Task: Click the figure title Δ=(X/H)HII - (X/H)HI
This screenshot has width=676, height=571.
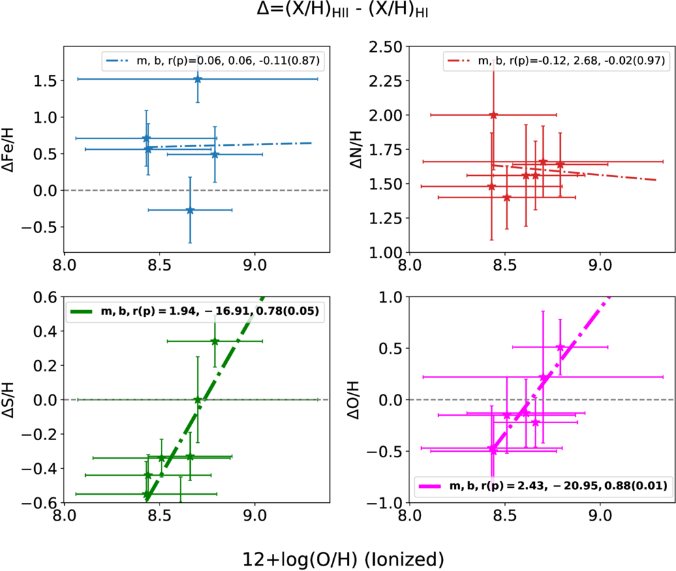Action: [342, 10]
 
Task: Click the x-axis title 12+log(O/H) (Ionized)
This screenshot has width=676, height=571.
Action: [343, 559]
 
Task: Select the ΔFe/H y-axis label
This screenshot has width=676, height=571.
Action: [8, 149]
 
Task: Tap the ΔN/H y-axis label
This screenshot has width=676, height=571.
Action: [356, 149]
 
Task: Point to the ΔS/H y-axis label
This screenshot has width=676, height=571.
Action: [8, 399]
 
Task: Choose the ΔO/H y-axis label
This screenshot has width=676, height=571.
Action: [353, 400]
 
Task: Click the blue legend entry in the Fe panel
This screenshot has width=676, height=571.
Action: [213, 61]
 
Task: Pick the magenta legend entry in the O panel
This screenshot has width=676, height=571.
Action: [543, 486]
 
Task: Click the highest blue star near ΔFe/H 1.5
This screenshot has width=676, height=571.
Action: [198, 79]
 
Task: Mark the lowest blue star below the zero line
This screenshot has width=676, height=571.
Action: [190, 211]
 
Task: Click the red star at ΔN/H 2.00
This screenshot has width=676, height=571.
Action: [493, 115]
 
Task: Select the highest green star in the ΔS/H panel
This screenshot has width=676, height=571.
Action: [215, 341]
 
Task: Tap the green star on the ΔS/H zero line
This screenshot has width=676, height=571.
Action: [198, 400]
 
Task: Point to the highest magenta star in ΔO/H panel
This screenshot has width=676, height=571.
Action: [560, 347]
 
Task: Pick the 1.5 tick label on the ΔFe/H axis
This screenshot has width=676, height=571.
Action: [45, 80]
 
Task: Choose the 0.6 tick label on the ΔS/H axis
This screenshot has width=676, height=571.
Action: [45, 297]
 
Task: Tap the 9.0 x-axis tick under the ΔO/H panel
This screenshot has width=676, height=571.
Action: [600, 515]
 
